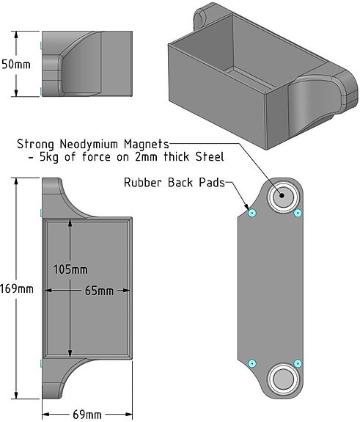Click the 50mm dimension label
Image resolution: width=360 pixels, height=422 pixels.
point(15,64)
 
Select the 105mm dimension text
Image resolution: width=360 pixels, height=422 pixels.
point(72,269)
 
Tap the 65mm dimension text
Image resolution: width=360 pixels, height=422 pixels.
point(99,291)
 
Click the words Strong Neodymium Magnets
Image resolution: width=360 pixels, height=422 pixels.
point(93,143)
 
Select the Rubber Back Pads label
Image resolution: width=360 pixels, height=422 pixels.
point(172,183)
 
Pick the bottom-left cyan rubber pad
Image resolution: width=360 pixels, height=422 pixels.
point(252,363)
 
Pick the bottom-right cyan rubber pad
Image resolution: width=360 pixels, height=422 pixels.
point(298,363)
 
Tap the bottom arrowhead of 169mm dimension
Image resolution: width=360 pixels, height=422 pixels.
point(16,396)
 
